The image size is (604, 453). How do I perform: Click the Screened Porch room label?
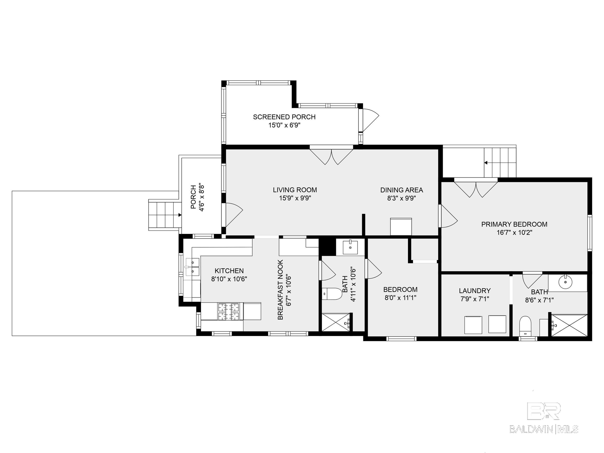click(x=284, y=117)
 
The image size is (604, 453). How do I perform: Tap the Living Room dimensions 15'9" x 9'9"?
click(x=295, y=198)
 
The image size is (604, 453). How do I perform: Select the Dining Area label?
click(x=402, y=190)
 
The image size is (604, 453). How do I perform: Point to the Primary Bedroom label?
click(x=514, y=224)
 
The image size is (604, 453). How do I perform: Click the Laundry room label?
click(x=475, y=291)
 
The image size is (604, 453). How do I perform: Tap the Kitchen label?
click(x=229, y=271)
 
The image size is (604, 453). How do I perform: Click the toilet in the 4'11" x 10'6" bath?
click(x=332, y=294)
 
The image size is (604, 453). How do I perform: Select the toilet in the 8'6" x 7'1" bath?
click(x=525, y=326)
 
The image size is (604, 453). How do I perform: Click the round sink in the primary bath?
click(x=565, y=282)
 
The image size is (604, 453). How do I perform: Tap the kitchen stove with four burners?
click(x=228, y=311)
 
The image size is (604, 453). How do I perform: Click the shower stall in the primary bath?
click(x=569, y=326)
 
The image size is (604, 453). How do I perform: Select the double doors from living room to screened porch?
click(x=331, y=156)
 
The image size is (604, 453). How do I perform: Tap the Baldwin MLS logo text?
click(x=544, y=429)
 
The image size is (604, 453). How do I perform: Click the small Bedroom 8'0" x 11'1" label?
click(x=400, y=293)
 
